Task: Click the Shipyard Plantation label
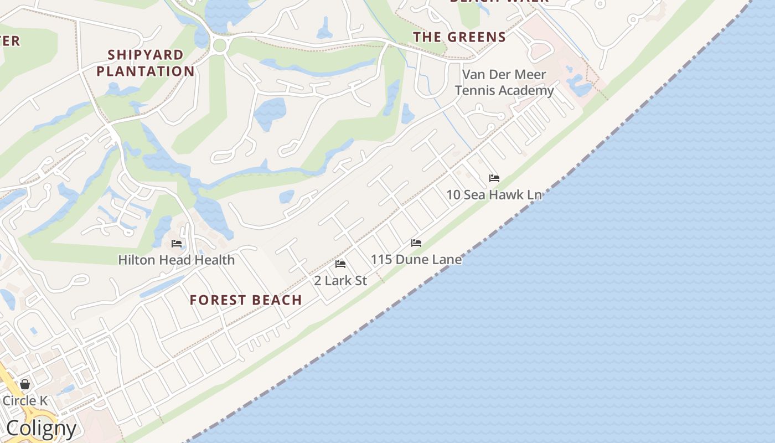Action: pyautogui.click(x=146, y=63)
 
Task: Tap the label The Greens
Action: pyautogui.click(x=459, y=37)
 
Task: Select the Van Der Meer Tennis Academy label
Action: pyautogui.click(x=504, y=83)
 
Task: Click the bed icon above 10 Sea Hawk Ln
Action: pyautogui.click(x=494, y=178)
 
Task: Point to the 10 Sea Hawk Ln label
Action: pyautogui.click(x=494, y=195)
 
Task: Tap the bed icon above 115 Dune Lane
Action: pyautogui.click(x=416, y=243)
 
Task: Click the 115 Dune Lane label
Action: pyautogui.click(x=416, y=259)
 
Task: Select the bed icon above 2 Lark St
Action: pyautogui.click(x=340, y=264)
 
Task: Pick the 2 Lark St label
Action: pyautogui.click(x=340, y=281)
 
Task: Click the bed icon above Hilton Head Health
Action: pyautogui.click(x=177, y=243)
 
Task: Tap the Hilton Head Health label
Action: pyautogui.click(x=177, y=260)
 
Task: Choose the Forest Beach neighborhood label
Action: pyautogui.click(x=246, y=300)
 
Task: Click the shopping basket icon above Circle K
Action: pyautogui.click(x=25, y=384)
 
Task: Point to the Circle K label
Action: pyautogui.click(x=25, y=400)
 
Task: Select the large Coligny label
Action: pyautogui.click(x=42, y=429)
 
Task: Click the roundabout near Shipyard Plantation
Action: pyautogui.click(x=220, y=45)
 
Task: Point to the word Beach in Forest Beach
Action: pyautogui.click(x=275, y=300)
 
